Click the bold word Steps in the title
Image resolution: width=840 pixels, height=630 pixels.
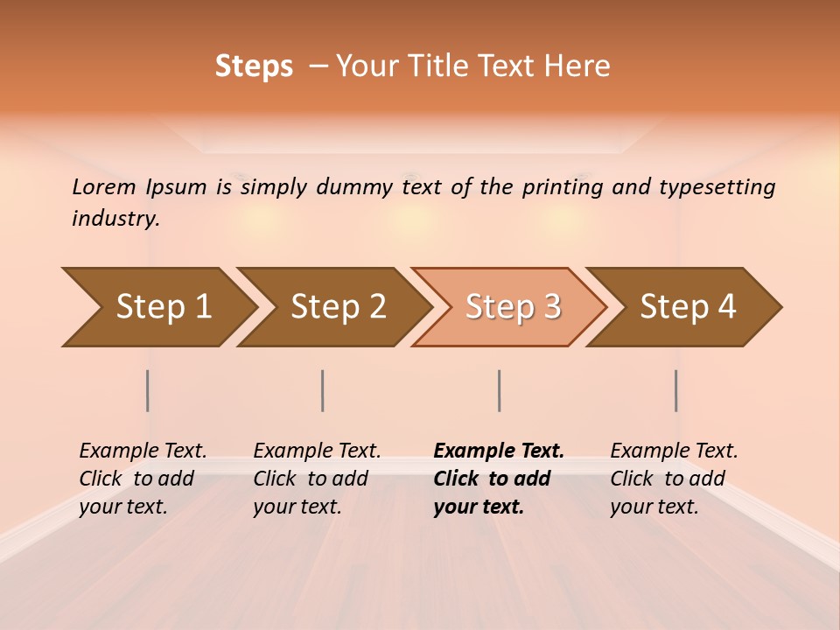(254, 66)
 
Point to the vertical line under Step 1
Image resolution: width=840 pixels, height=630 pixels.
(148, 390)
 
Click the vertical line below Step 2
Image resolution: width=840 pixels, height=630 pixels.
(323, 390)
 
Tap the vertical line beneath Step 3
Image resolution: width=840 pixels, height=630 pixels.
(499, 390)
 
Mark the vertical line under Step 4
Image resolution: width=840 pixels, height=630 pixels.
(676, 390)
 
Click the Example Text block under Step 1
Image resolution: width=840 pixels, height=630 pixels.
(143, 479)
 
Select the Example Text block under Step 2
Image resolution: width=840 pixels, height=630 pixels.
(317, 479)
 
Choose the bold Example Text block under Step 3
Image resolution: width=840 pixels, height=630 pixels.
(499, 479)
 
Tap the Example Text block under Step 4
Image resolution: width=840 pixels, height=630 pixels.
(674, 479)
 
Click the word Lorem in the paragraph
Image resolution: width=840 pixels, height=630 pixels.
(103, 186)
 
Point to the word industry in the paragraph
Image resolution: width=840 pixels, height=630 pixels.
(115, 219)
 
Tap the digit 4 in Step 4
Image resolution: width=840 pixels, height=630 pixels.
(726, 306)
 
